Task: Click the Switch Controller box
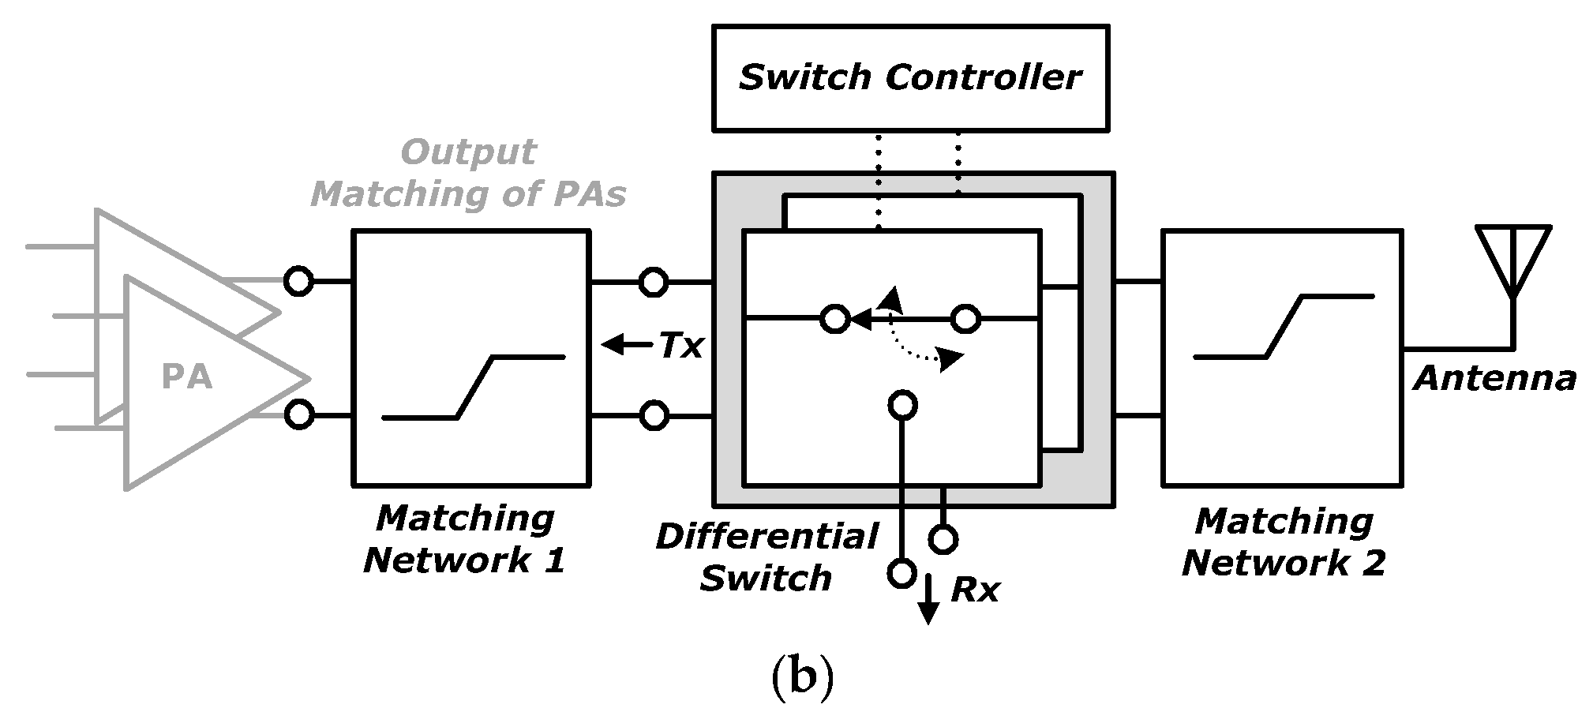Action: pos(910,77)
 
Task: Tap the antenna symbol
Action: pos(1512,260)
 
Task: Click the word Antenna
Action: pos(1494,379)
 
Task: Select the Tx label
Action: pos(680,346)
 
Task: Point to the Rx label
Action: pos(975,590)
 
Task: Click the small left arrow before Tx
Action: pos(623,344)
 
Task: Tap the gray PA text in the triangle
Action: pos(187,377)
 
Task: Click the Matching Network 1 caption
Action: pos(466,539)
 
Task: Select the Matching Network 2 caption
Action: pos(1284,542)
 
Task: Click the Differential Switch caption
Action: pos(766,557)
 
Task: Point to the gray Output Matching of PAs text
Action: pos(469,173)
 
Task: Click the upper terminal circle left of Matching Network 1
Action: pos(298,281)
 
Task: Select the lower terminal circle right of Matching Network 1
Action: pos(653,415)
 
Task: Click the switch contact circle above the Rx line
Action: pos(903,405)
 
